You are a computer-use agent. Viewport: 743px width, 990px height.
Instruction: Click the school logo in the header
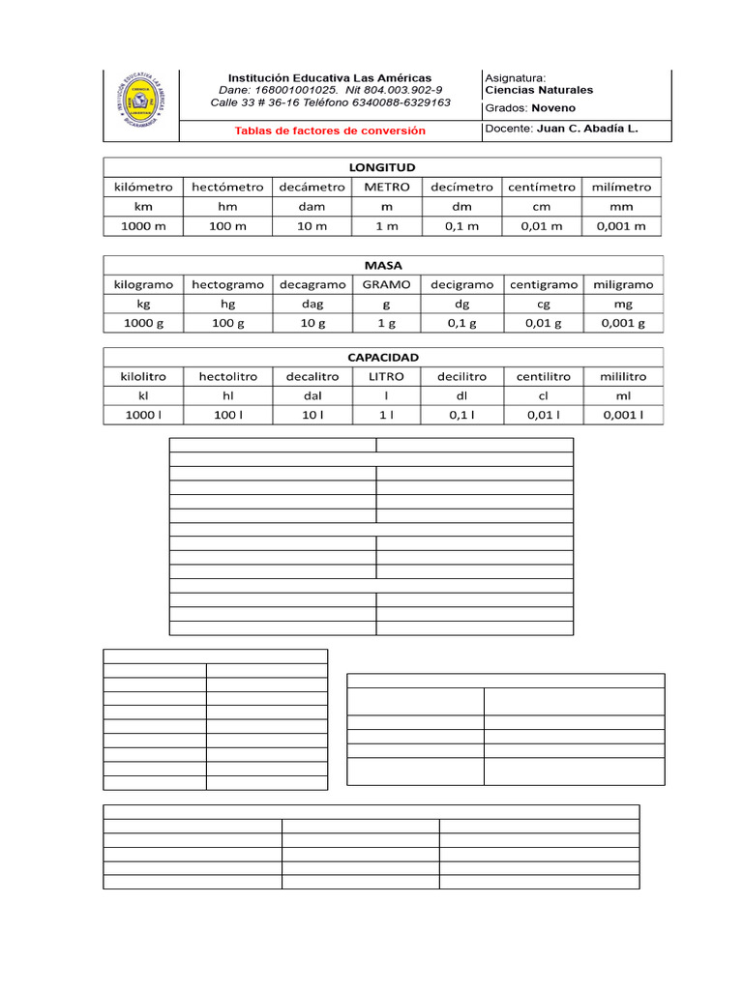pos(143,102)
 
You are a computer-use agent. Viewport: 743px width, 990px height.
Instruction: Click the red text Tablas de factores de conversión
pos(330,131)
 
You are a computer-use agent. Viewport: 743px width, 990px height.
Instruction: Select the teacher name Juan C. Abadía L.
pos(587,128)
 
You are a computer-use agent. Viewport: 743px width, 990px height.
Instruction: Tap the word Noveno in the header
pos(553,108)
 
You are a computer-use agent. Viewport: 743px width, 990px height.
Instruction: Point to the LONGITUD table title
pos(382,167)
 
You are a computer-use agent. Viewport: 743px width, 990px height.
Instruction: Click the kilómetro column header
pos(143,187)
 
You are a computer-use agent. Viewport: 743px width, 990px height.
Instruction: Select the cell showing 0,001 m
pos(621,225)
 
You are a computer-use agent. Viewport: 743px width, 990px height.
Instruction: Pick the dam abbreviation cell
pos(312,206)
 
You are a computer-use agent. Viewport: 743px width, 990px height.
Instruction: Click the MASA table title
pos(383,265)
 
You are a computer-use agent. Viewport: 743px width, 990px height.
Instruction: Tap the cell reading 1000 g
pos(143,323)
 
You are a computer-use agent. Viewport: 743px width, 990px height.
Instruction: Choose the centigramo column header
pos(544,284)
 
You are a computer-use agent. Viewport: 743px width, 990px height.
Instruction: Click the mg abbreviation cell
pos(622,304)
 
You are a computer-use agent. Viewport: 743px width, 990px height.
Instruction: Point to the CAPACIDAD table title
pos(383,357)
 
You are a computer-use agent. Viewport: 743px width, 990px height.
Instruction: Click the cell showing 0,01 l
pos(544,415)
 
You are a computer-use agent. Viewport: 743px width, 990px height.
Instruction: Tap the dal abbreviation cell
pos(312,395)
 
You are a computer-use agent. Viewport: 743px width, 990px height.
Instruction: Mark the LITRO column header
pos(387,376)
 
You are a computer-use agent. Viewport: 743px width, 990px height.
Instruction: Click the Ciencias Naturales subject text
pos(539,90)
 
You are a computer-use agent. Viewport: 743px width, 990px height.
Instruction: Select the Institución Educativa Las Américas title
pos(329,77)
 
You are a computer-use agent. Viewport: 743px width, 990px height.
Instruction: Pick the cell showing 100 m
pos(228,225)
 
